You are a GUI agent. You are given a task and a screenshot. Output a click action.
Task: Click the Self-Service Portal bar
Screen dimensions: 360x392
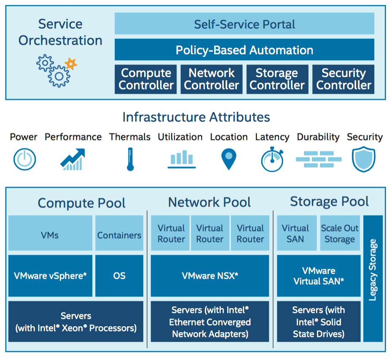point(244,24)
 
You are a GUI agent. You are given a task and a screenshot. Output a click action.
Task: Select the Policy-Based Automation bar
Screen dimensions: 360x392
point(244,50)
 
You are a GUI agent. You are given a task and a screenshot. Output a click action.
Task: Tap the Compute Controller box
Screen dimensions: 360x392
point(146,79)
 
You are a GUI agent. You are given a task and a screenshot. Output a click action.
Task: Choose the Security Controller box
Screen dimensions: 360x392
point(344,79)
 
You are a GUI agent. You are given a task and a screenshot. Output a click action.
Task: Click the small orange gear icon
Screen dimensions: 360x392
point(71,64)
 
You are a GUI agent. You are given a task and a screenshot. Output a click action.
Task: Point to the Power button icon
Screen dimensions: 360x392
point(24,160)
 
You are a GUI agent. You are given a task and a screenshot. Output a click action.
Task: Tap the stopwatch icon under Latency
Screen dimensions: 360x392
point(272,160)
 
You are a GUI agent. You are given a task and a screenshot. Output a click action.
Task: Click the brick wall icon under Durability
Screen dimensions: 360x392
point(318,160)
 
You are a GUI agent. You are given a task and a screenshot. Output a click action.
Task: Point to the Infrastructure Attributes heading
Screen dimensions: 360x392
point(196,117)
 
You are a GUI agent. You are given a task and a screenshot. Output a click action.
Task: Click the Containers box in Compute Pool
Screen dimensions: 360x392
point(119,235)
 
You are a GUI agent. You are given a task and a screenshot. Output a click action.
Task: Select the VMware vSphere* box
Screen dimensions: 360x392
point(50,276)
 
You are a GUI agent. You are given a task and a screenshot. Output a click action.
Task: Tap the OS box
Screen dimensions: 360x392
point(119,276)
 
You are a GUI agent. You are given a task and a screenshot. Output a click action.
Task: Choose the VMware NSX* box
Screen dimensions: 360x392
point(209,276)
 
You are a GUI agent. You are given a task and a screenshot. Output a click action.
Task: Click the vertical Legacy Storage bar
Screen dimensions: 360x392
point(373,279)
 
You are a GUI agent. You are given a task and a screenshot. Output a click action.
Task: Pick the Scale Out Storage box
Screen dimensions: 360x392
point(339,233)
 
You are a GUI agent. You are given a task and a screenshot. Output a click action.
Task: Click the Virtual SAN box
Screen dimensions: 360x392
point(295,233)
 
